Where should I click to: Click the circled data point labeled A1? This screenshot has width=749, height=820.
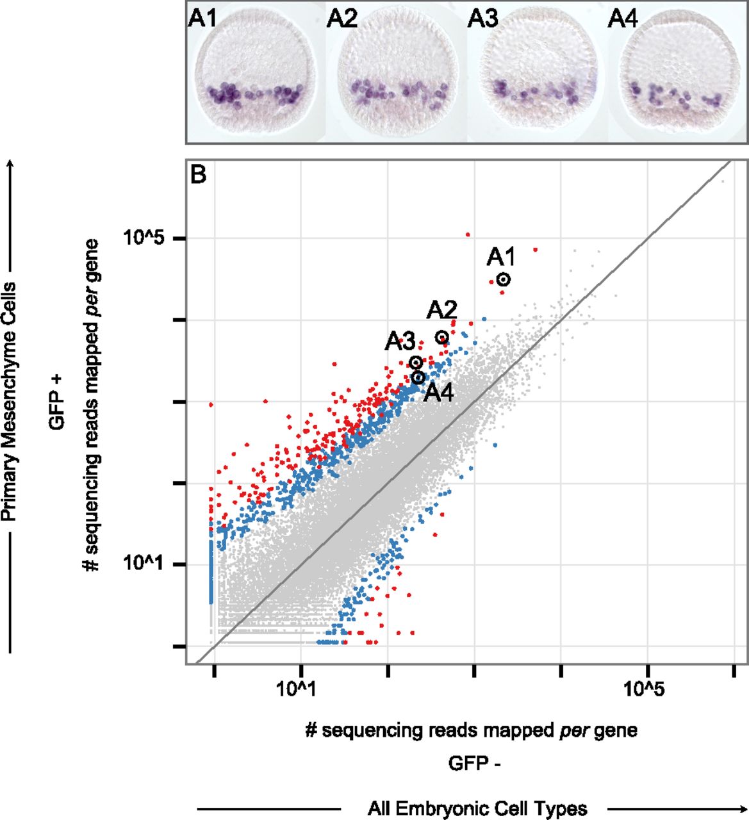504,279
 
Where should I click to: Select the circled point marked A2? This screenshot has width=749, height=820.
441,337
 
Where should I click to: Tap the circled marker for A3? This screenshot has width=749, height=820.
416,363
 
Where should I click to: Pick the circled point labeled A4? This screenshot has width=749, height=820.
418,377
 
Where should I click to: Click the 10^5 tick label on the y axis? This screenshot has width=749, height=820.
146,239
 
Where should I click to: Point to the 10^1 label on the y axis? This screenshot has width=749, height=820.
146,564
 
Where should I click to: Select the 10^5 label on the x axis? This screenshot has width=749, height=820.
647,689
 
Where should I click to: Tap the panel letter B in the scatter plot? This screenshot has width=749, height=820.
199,174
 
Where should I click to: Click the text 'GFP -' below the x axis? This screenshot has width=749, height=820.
474,764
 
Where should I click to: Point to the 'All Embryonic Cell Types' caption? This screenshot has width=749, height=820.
477,808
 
